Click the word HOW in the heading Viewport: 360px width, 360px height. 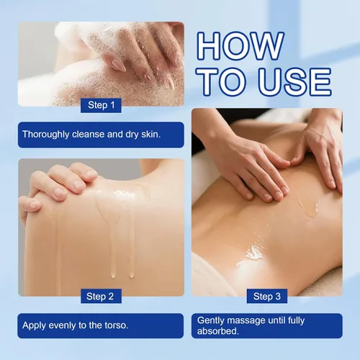coord(240,46)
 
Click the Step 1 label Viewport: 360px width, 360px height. coord(101,105)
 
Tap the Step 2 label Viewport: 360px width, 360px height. coord(100,297)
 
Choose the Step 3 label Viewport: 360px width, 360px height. coord(267,296)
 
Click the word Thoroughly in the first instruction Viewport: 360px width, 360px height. coord(45,135)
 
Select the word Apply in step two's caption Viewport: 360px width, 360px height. coord(32,325)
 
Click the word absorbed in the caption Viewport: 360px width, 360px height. coord(217,331)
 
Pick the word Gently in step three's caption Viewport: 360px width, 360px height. coord(211,321)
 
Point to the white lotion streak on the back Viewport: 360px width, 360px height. coord(250,255)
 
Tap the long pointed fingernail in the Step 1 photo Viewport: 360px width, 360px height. coord(118,66)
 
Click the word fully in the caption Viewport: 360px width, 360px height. coord(296,321)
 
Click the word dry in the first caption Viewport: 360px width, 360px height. coord(132,135)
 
